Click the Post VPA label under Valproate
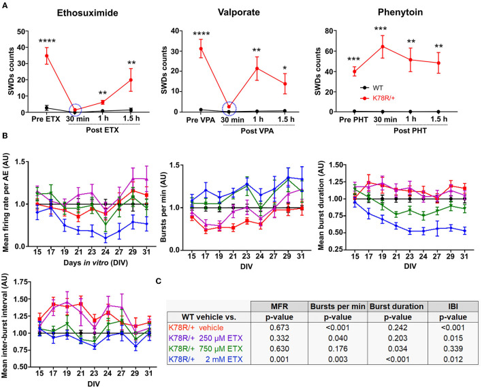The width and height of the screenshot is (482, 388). pos(266,131)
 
